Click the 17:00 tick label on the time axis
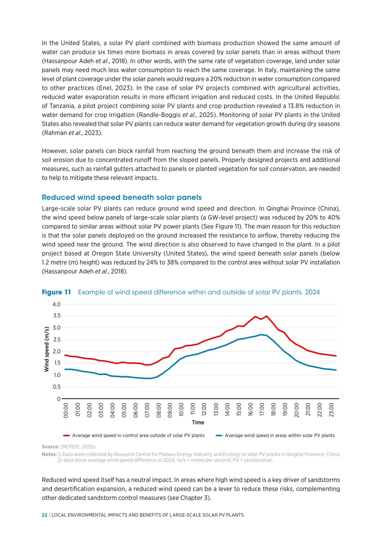click(x=262, y=410)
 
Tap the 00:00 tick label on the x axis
click(x=66, y=410)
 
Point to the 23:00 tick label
click(x=331, y=410)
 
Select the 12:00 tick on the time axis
click(x=204, y=410)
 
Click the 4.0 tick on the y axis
click(x=57, y=304)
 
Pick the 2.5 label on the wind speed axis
click(x=57, y=339)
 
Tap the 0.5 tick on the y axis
click(x=57, y=387)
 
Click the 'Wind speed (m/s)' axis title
click(x=47, y=349)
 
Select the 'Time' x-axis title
click(x=198, y=422)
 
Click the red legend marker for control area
click(x=66, y=436)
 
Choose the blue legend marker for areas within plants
click(x=219, y=436)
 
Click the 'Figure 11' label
click(x=56, y=292)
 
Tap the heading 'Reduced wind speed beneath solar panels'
click(x=122, y=197)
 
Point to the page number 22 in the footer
click(x=45, y=515)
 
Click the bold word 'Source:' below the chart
click(x=50, y=447)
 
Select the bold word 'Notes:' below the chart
click(x=49, y=454)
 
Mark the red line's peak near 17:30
click(x=266, y=316)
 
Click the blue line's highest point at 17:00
click(x=261, y=335)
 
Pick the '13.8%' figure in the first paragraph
click(x=296, y=106)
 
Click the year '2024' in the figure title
click(x=312, y=292)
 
